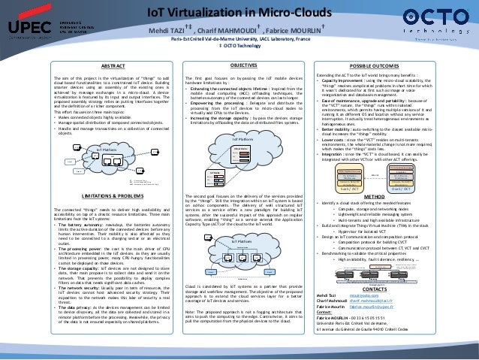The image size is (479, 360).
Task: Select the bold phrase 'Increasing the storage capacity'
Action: tap(221, 119)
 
